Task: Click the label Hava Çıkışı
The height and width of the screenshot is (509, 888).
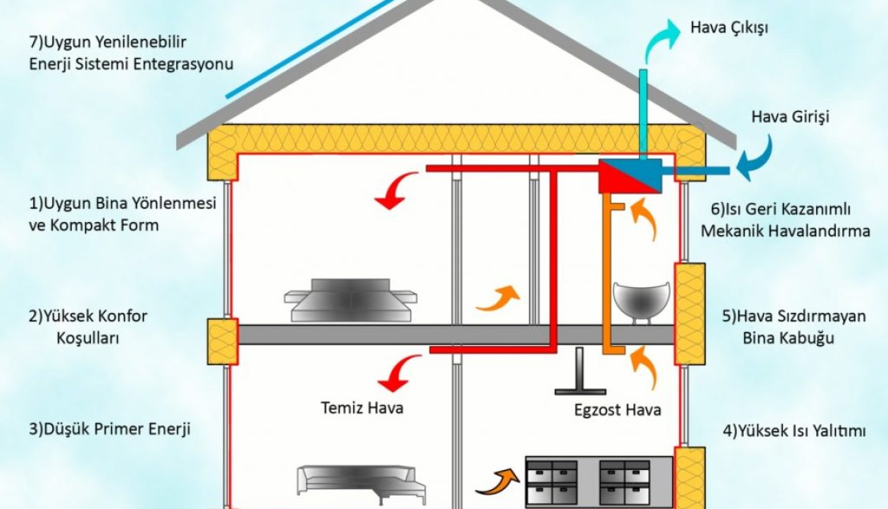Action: point(728,28)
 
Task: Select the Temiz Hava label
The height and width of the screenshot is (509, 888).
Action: point(362,407)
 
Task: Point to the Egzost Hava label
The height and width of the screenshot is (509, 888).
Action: point(618,409)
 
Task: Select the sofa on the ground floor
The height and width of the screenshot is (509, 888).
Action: point(360,480)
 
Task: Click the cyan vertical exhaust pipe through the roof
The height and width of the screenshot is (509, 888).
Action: point(644,115)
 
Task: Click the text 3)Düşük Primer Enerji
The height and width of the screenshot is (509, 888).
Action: point(109,429)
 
